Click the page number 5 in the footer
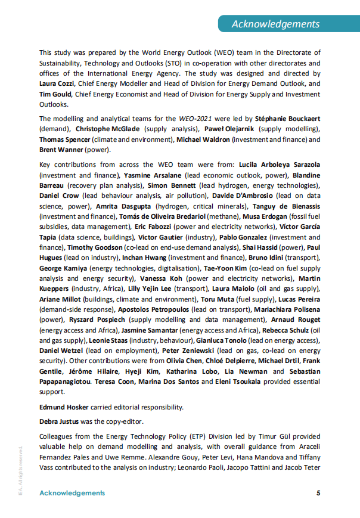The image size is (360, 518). point(318,493)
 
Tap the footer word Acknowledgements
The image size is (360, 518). point(72,493)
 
